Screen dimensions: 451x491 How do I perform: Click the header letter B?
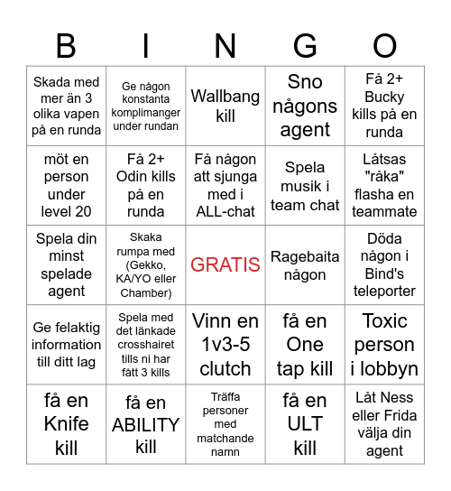pos(66,45)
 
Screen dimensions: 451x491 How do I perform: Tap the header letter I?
pos(146,45)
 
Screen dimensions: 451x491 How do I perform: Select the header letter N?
pos(225,45)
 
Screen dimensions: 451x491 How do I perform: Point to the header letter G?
pos(305,45)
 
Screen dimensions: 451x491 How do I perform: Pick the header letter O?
pos(384,45)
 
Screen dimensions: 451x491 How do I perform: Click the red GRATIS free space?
pos(225,264)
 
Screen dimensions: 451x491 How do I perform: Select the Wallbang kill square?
pos(225,106)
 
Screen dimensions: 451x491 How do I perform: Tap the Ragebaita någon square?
pos(305,264)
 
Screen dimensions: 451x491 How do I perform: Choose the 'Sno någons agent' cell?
pos(305,106)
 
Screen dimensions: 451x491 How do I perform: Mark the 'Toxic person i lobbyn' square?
pos(384,344)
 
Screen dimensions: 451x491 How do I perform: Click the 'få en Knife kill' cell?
pos(66,423)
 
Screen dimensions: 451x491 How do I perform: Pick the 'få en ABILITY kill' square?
pos(146,423)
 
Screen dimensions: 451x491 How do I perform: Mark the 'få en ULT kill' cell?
pos(305,423)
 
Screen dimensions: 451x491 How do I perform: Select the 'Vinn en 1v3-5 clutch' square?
pos(225,344)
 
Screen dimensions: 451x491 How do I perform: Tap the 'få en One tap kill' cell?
pos(305,344)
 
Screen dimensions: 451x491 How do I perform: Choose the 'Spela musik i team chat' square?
pos(305,185)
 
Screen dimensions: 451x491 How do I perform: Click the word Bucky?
pos(384,97)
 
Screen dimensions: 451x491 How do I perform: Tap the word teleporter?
pos(384,291)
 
